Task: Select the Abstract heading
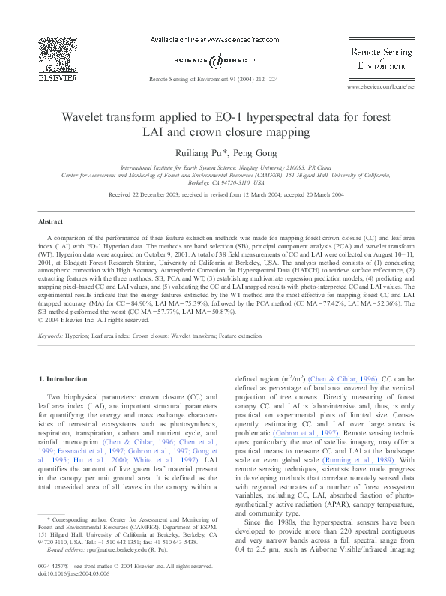coord(52,221)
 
